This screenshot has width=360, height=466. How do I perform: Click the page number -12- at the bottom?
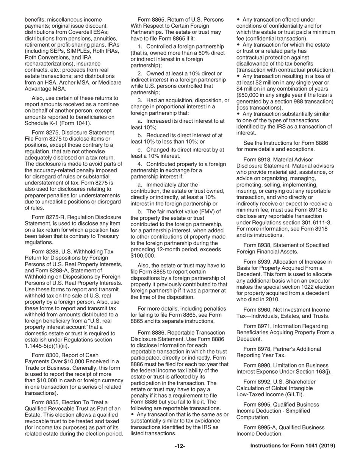pyautogui.click(x=180, y=446)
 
